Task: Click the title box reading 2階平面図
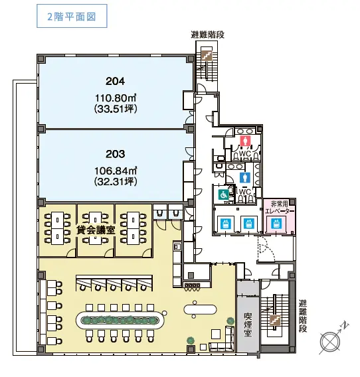(72, 16)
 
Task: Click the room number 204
(116, 81)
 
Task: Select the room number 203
(116, 154)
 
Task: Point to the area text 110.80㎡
(116, 98)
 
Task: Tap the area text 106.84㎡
(116, 171)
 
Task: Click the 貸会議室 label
(96, 230)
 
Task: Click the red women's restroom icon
(245, 141)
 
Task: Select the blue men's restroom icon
(245, 178)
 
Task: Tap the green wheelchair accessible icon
(223, 194)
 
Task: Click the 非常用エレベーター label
(280, 208)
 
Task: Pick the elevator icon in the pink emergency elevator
(276, 224)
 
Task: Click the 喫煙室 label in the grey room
(248, 324)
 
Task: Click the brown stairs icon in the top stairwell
(207, 55)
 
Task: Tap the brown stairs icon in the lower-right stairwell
(275, 320)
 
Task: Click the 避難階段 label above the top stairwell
(208, 35)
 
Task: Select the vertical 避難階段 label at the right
(303, 316)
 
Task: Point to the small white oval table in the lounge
(200, 309)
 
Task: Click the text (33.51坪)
(116, 109)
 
